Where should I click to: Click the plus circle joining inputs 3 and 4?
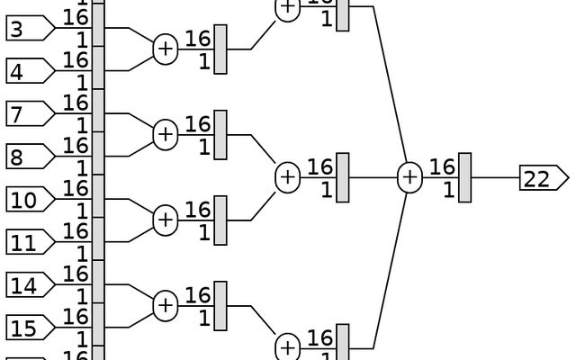click(165, 49)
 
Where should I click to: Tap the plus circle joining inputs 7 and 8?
click(165, 135)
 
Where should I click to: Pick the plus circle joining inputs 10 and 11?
click(165, 220)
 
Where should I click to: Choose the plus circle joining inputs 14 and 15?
click(165, 306)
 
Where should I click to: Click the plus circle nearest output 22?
click(409, 178)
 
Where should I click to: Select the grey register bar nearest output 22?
click(464, 178)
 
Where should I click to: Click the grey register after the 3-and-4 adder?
click(220, 49)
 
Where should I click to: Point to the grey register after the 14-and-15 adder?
click(220, 306)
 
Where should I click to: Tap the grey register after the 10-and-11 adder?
click(220, 220)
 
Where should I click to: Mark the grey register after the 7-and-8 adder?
click(220, 135)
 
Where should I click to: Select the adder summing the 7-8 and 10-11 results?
click(287, 178)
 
